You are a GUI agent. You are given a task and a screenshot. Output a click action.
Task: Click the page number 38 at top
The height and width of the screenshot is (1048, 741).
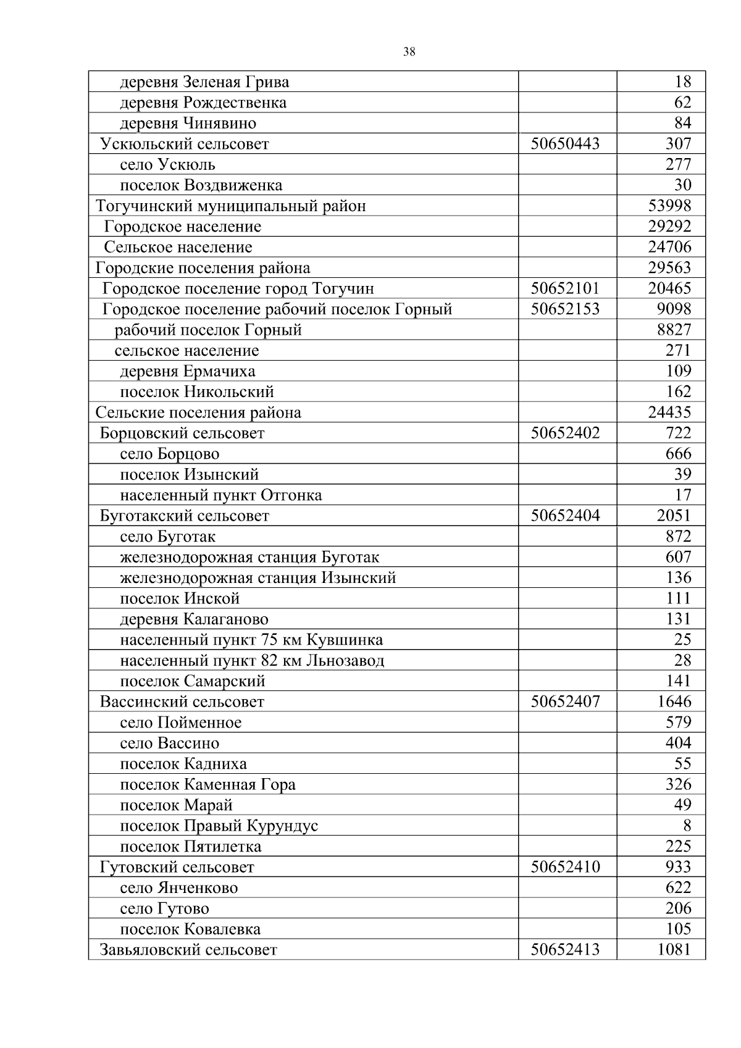(x=409, y=52)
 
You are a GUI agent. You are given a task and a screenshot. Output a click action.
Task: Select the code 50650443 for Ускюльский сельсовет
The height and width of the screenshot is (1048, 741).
(x=565, y=144)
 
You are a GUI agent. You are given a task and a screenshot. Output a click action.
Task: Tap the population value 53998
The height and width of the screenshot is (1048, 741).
(x=669, y=206)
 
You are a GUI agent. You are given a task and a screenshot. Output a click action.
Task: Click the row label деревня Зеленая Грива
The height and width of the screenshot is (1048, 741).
(x=204, y=82)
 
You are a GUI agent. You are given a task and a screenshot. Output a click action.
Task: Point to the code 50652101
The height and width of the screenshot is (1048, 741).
(x=565, y=288)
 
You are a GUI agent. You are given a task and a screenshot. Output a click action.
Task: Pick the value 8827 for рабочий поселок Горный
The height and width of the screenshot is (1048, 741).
(x=674, y=330)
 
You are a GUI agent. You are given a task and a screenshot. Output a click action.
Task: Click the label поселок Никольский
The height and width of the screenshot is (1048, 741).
(x=196, y=392)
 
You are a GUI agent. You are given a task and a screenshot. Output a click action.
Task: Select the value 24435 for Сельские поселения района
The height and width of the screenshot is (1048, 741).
(x=669, y=412)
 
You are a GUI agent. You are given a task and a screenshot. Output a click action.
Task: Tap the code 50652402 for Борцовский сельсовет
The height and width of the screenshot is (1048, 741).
(x=565, y=433)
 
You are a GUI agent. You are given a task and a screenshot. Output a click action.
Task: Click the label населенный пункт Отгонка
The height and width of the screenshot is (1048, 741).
(x=220, y=495)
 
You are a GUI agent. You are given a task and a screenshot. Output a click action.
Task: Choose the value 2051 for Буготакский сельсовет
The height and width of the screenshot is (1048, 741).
(x=674, y=516)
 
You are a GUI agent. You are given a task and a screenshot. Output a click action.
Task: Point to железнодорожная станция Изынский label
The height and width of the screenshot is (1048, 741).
(x=257, y=578)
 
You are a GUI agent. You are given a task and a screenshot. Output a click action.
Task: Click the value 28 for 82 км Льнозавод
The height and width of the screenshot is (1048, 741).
(x=682, y=660)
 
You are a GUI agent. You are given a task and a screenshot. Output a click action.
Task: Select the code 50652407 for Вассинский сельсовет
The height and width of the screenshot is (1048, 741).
(x=565, y=702)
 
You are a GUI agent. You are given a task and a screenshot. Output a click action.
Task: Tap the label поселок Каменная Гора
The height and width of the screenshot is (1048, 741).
(x=207, y=784)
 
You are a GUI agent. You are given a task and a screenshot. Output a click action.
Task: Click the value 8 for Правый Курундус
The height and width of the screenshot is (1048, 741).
(x=687, y=826)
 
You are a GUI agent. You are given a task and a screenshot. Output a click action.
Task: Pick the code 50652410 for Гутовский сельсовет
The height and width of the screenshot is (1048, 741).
(x=565, y=867)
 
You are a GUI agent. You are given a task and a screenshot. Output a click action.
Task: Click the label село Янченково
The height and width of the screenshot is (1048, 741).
(x=178, y=888)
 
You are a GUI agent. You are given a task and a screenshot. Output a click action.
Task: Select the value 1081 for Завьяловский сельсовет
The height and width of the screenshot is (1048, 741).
(x=674, y=949)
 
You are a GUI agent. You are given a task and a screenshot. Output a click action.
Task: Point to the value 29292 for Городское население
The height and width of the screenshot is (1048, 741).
(x=669, y=227)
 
